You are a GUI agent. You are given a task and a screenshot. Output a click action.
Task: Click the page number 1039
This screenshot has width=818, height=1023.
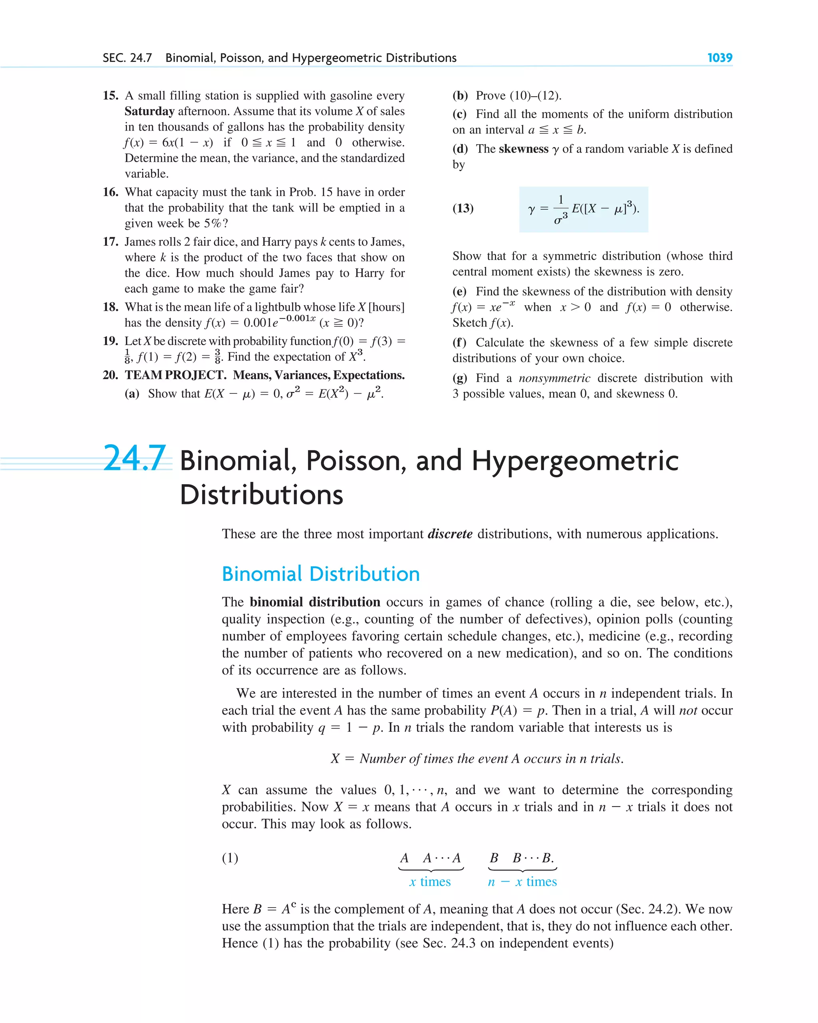(719, 58)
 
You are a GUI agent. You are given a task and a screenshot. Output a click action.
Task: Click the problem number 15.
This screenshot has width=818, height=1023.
(110, 95)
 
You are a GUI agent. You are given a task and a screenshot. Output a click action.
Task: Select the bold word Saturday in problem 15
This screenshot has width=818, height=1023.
(149, 111)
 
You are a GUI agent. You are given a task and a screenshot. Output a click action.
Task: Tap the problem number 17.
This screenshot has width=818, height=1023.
(110, 242)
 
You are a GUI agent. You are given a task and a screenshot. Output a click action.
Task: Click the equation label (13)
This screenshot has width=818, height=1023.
(463, 208)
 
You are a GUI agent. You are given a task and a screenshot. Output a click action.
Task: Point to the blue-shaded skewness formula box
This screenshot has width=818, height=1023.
(583, 209)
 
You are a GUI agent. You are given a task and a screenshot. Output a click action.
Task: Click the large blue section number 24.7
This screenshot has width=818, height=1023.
(134, 458)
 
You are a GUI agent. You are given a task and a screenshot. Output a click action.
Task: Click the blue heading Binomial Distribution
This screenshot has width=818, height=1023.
(321, 574)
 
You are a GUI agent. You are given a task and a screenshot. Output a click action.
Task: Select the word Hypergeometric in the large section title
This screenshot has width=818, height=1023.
(575, 461)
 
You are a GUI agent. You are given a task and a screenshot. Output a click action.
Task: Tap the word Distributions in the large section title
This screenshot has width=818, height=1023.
(262, 495)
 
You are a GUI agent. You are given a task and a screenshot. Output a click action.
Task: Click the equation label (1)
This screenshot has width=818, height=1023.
(230, 858)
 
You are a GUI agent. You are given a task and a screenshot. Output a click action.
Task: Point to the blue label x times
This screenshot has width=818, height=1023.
(430, 882)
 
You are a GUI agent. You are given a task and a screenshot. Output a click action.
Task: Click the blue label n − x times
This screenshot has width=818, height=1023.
(522, 882)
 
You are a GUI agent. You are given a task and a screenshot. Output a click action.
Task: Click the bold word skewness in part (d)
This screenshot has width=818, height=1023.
(523, 149)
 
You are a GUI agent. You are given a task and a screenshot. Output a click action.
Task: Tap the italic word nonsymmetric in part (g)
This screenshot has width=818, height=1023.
(554, 378)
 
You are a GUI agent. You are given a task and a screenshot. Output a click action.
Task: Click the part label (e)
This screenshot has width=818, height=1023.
(459, 291)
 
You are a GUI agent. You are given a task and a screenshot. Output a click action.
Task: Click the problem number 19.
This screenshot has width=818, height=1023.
(110, 341)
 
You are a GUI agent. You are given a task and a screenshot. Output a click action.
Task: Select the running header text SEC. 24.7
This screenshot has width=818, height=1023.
(127, 58)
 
